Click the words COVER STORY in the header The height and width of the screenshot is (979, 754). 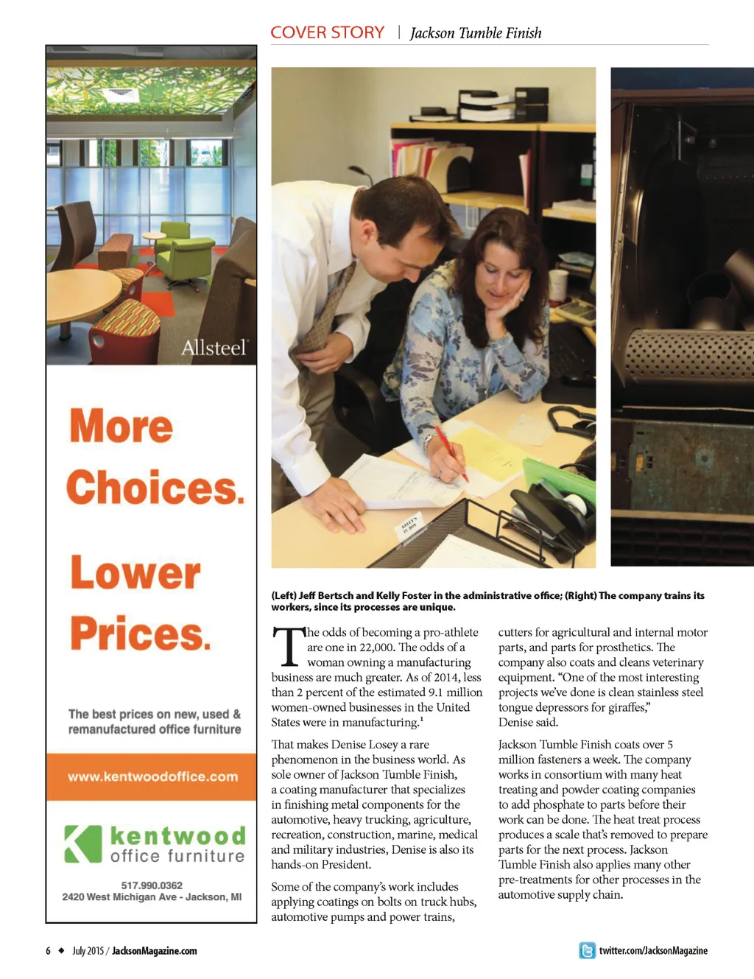pos(327,32)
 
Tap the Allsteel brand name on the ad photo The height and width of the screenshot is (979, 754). pos(214,347)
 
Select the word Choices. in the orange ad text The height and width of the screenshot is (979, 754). pos(155,488)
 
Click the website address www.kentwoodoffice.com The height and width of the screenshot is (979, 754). pos(152,776)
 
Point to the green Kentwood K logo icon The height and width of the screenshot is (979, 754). pos(82,843)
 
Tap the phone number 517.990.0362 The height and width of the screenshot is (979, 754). pos(152,885)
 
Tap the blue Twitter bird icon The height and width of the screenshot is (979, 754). pos(587,950)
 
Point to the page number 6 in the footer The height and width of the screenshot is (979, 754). pos(49,951)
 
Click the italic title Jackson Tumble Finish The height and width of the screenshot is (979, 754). pos(475,33)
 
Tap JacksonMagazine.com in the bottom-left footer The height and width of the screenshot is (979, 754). pos(154,951)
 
